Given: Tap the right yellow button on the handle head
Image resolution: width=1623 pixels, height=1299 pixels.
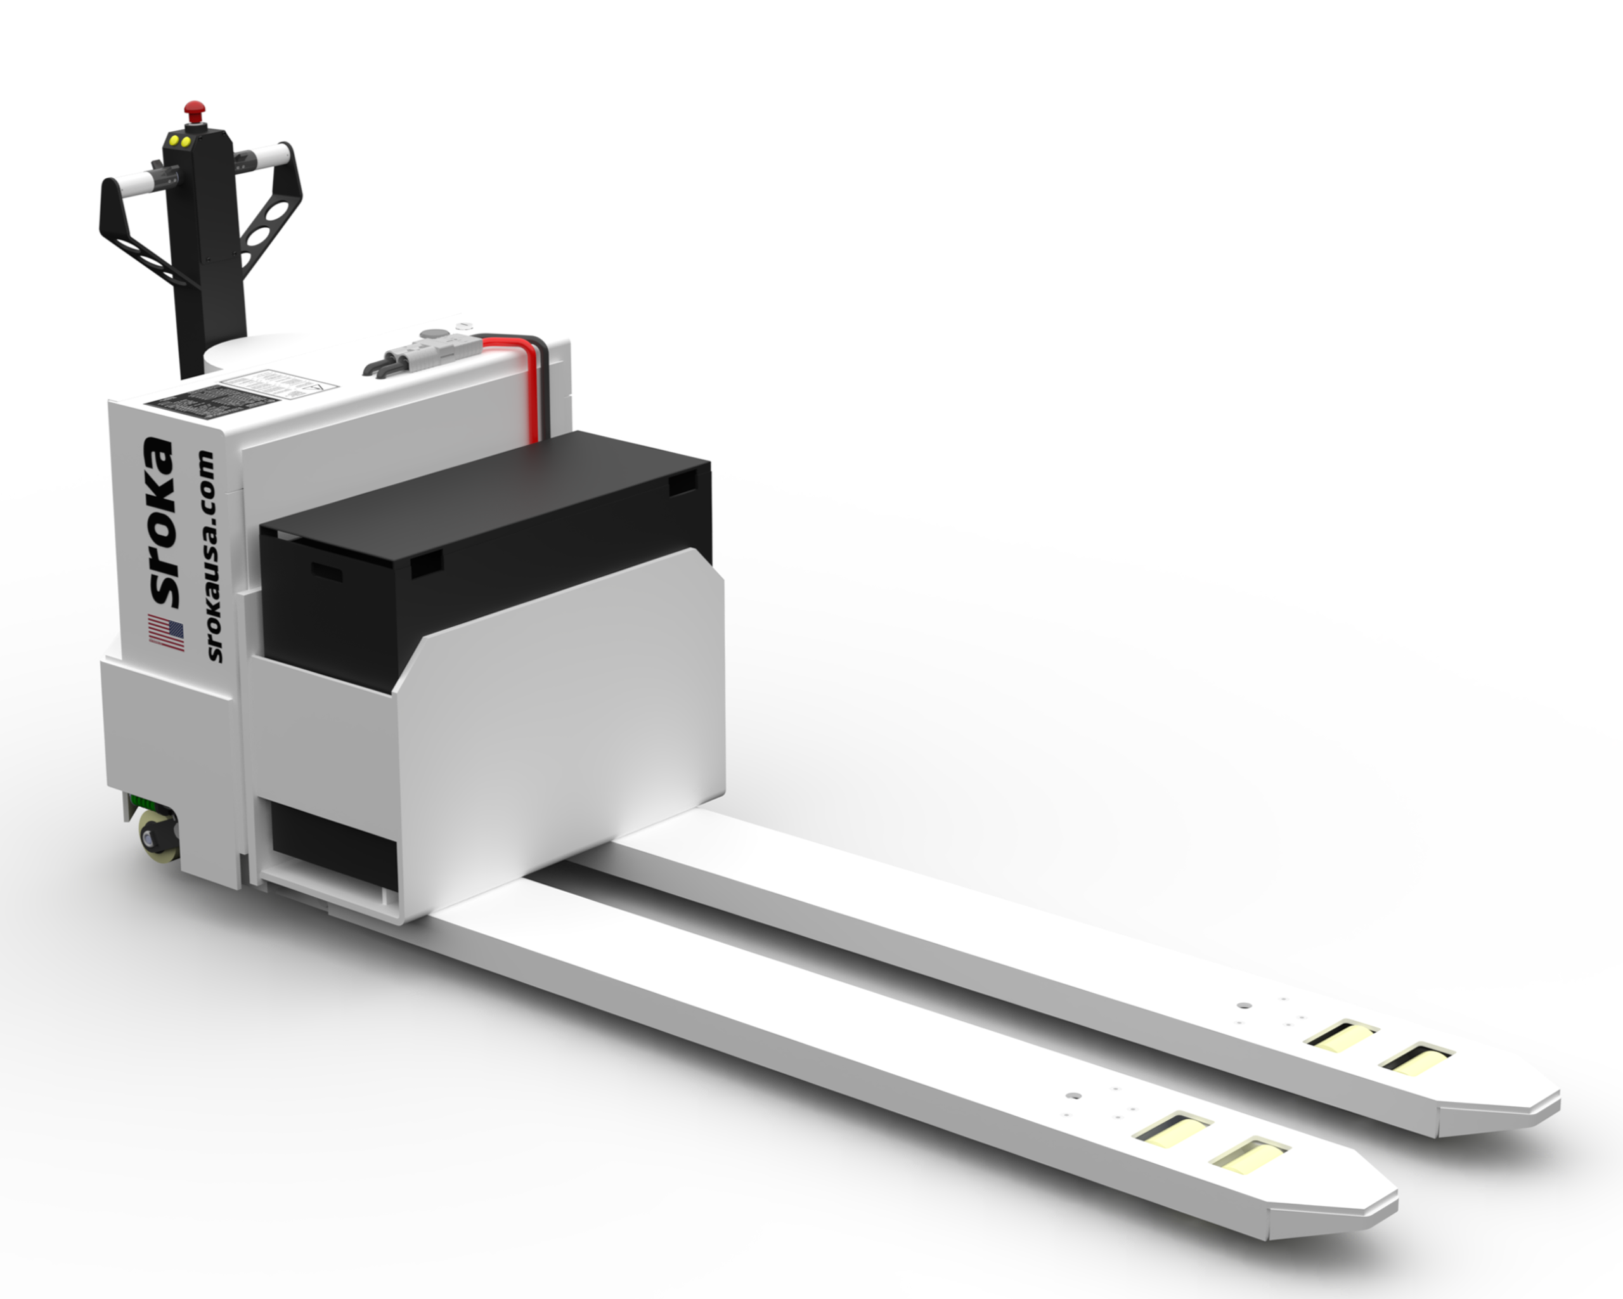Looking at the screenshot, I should click(184, 140).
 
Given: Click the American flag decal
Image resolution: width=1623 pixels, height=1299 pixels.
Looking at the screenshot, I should click(165, 632).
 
